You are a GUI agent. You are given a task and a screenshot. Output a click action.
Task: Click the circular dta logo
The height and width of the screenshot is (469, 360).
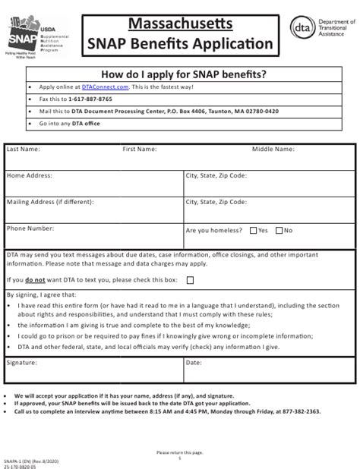pos(301,28)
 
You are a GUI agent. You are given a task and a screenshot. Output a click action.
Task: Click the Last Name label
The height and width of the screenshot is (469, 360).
pos(24,150)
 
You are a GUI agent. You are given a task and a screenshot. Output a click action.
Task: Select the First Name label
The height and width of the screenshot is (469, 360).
pos(140,150)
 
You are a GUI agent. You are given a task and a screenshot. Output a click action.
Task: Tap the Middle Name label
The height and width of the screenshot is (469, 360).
pos(273,150)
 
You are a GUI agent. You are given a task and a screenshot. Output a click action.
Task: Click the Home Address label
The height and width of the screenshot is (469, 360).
pos(29,175)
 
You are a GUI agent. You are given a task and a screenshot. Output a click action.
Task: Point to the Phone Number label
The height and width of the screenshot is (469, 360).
pos(30,228)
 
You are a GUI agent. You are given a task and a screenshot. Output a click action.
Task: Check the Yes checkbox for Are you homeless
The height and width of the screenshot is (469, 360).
pos(253,230)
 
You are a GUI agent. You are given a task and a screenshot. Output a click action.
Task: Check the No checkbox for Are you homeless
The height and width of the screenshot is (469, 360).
pos(279,230)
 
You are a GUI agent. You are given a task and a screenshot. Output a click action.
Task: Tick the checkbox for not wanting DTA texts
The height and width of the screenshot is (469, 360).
pos(190,279)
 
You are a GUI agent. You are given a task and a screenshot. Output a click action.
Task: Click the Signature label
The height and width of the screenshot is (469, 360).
pos(22,364)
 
